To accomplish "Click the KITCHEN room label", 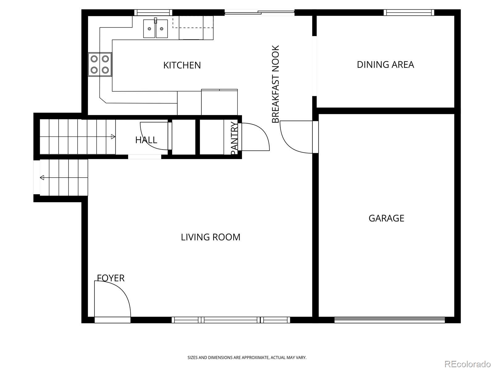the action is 182,65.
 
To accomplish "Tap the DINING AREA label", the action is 385,65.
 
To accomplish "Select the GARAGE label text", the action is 386,218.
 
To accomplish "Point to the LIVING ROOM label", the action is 211,237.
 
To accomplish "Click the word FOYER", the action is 111,278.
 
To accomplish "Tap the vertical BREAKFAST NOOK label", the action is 275,84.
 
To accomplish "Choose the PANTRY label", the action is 234,138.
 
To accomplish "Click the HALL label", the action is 146,140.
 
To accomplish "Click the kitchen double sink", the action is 156,28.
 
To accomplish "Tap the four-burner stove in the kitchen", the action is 100,64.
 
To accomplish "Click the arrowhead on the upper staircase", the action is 113,137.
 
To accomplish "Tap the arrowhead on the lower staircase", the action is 42,178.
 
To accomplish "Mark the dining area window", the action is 409,13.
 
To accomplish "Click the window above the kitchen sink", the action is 153,13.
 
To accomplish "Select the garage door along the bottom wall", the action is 390,320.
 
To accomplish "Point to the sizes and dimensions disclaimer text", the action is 247,357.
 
